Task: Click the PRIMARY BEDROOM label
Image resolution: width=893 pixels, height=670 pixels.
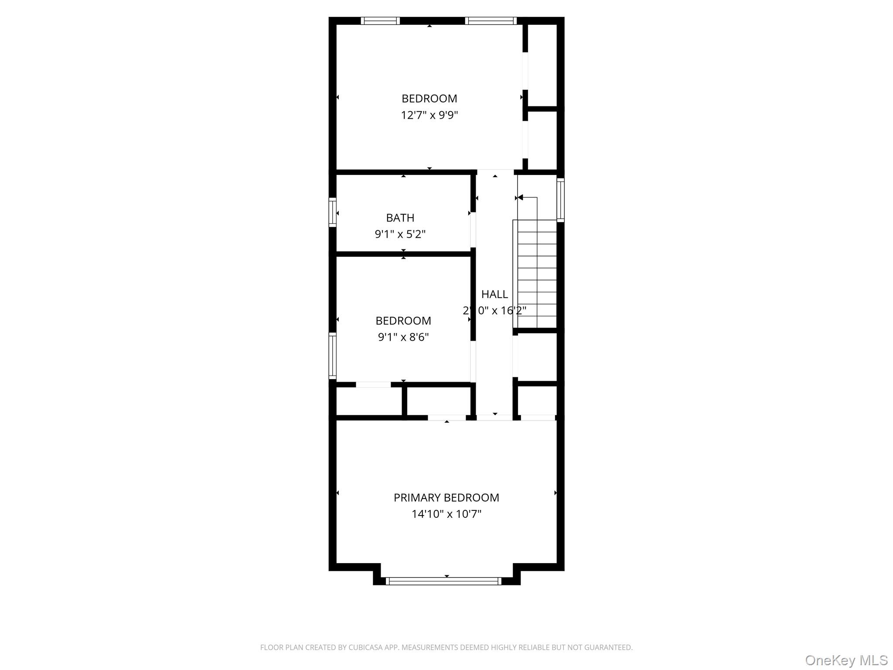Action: [x=446, y=498]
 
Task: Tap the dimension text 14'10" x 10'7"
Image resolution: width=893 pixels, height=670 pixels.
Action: [x=446, y=514]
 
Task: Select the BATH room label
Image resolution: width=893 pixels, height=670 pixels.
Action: [x=400, y=218]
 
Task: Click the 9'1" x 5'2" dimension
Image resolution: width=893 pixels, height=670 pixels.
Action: [x=400, y=234]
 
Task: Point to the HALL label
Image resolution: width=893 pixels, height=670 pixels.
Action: [x=494, y=294]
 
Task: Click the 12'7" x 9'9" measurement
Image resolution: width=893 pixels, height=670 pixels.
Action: [x=429, y=115]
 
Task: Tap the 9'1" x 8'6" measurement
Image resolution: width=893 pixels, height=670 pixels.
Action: [x=403, y=337]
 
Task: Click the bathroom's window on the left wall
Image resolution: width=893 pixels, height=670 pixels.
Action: [x=333, y=212]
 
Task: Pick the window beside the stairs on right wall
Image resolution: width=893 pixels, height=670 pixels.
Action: [x=561, y=200]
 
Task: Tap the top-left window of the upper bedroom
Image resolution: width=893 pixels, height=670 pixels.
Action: [x=380, y=21]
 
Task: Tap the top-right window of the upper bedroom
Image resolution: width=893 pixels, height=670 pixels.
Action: [x=491, y=21]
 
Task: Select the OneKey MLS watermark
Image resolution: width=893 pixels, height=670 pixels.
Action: [x=846, y=660]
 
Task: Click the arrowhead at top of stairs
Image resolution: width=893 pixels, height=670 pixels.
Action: [x=520, y=198]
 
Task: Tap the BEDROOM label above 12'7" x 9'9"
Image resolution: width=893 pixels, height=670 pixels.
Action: [x=429, y=99]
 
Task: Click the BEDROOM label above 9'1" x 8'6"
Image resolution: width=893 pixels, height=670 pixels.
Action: [x=403, y=321]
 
